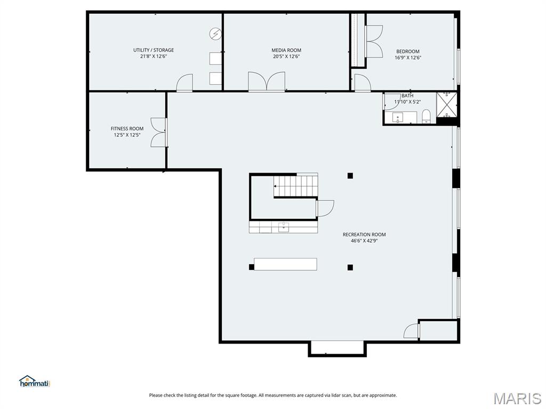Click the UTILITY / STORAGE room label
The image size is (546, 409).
click(154, 50)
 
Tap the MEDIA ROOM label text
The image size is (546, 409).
click(286, 50)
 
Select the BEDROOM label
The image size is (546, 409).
click(408, 52)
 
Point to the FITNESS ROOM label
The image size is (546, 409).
click(127, 128)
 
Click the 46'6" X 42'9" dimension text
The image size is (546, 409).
click(364, 241)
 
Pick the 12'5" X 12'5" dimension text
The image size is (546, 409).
click(127, 135)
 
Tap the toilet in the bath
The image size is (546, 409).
click(426, 117)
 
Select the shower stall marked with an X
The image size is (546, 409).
click(447, 104)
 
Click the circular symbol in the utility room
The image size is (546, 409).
click(215, 34)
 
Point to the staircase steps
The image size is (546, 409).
click(296, 186)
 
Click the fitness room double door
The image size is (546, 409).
click(159, 132)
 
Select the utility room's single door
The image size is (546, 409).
click(184, 83)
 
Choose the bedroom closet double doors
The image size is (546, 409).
click(374, 42)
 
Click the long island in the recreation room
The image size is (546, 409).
click(285, 264)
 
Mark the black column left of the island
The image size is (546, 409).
click(251, 267)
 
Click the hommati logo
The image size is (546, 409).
click(35, 381)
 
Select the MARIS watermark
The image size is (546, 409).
click(517, 398)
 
